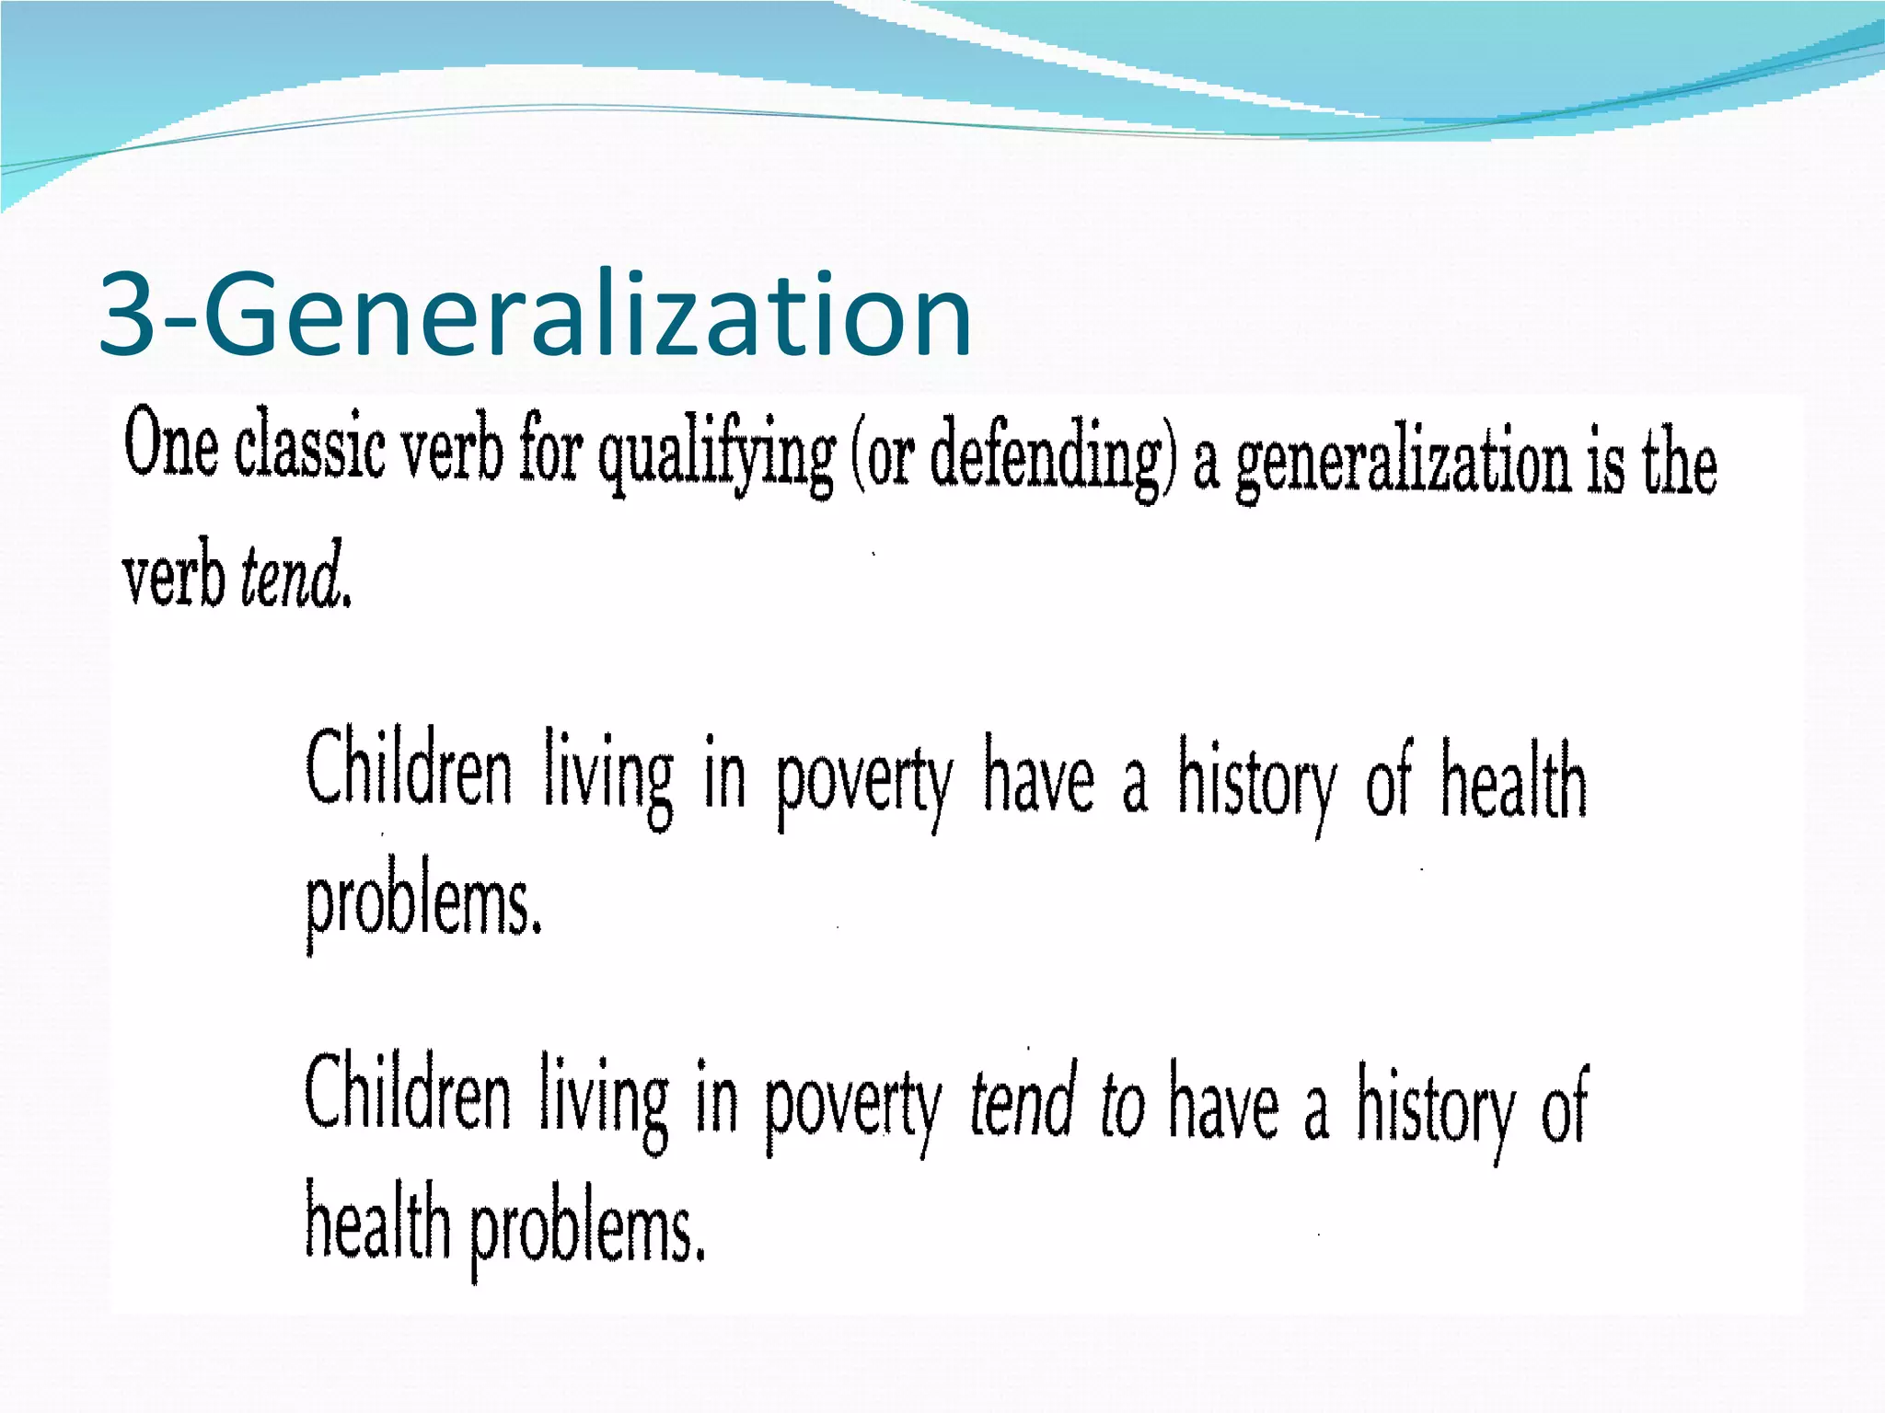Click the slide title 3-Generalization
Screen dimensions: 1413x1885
(535, 315)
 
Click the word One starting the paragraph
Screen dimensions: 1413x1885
(171, 444)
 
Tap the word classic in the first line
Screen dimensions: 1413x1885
(309, 447)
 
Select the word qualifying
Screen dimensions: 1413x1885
(716, 455)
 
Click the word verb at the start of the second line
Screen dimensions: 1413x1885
(173, 577)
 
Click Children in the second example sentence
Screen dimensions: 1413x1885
(407, 1096)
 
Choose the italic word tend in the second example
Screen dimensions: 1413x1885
(1023, 1102)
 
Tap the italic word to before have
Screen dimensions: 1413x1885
(1122, 1105)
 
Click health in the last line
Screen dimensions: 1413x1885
(377, 1223)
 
